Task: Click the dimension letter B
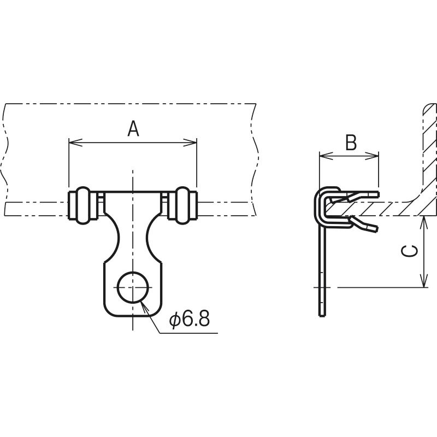[351, 143]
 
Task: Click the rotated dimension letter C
[410, 251]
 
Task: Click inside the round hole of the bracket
[133, 287]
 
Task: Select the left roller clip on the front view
[83, 205]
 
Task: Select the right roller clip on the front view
[182, 205]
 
